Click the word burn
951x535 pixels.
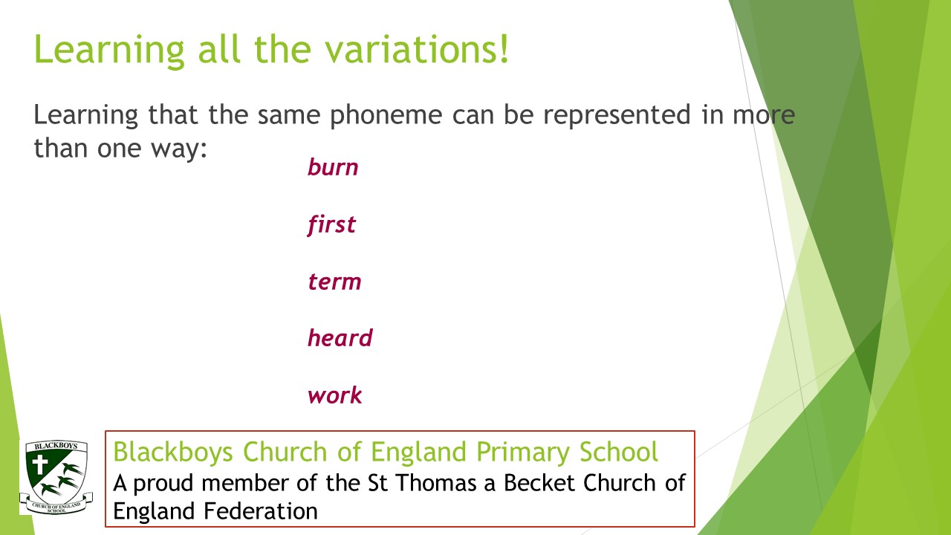tap(333, 166)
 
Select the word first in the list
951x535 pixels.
tap(331, 224)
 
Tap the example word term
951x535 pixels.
tap(334, 282)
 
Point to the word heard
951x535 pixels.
tap(340, 337)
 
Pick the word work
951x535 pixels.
tap(335, 395)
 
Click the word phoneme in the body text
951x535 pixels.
tap(386, 115)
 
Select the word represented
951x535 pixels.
tap(617, 115)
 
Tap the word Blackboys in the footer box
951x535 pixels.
tap(173, 451)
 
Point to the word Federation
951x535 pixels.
tap(260, 510)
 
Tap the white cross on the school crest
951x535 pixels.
tap(40, 465)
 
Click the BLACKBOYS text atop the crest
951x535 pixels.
tap(56, 446)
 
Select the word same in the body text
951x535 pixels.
tap(289, 115)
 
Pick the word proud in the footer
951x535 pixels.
tap(163, 484)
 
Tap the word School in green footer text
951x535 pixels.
tap(619, 451)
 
